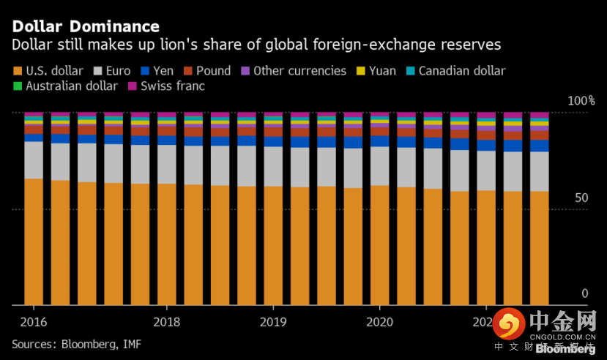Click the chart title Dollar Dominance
coord(85,26)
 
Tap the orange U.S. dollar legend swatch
coord(17,72)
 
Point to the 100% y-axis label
coord(582,100)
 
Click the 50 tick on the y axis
coord(581,198)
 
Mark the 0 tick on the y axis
coord(584,293)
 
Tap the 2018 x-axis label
coord(167,322)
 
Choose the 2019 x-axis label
coord(273,322)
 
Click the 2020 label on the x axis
coord(380,322)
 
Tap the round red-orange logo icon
coord(507,324)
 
